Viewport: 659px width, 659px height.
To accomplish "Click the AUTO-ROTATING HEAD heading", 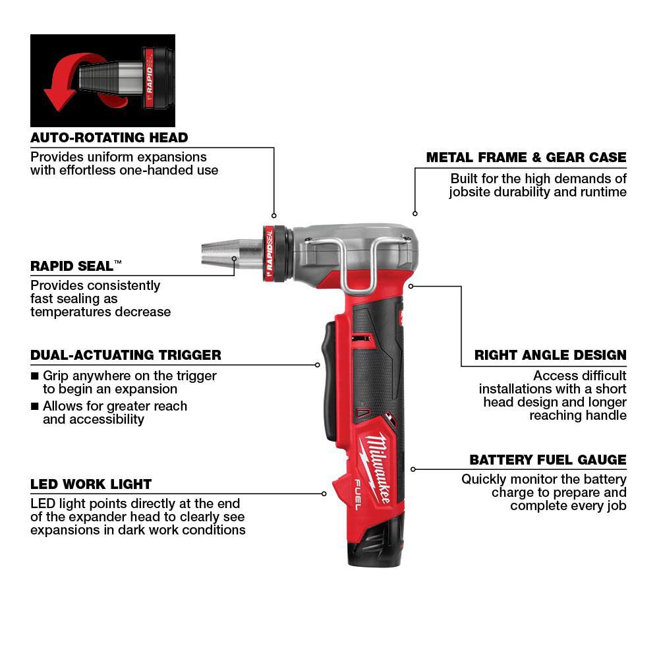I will point(109,138).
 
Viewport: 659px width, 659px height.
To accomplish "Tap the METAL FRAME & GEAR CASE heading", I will point(526,158).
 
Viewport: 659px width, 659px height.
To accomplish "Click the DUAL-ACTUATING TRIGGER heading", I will point(126,355).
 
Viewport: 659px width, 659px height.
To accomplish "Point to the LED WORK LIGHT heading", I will point(91,484).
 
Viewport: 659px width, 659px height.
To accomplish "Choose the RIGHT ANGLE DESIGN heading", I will point(550,355).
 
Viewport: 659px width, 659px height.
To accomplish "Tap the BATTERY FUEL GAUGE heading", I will point(548,460).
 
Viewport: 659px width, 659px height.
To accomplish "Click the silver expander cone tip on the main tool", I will point(220,254).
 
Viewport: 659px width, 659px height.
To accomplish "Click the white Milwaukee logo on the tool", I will point(376,461).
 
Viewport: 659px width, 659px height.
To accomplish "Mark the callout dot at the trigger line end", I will point(317,364).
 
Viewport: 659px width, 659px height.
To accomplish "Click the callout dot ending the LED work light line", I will point(324,493).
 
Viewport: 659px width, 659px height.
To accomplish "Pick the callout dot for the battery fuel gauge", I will point(413,469).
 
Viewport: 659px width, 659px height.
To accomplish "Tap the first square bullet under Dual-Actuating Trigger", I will point(34,376).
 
